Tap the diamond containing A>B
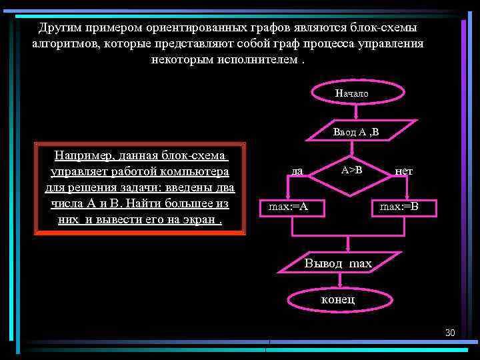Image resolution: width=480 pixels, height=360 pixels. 351,170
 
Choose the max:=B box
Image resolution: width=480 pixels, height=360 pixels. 399,207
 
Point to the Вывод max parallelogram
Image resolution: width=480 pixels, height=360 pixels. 339,263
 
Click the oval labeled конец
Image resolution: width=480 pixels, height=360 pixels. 338,299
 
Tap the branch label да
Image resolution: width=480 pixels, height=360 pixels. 297,171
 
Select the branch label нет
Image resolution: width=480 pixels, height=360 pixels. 403,171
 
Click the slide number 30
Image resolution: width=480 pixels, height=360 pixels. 449,333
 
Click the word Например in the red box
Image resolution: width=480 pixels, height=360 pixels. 83,156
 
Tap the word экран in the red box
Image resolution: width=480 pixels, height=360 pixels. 198,219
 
